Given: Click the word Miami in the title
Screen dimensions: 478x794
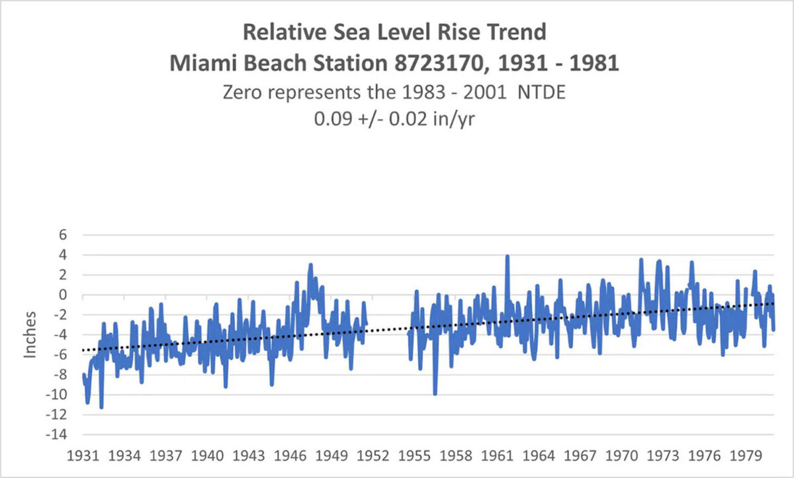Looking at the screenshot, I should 198,64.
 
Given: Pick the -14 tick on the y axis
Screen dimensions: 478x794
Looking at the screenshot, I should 60,435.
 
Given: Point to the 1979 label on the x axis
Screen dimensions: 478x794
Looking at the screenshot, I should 746,457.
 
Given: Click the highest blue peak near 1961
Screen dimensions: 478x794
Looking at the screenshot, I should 507,256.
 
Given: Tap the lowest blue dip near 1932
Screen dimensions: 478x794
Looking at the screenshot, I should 101,407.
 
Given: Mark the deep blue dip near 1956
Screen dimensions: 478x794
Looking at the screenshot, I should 435,394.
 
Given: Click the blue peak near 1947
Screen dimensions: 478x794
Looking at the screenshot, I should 310,265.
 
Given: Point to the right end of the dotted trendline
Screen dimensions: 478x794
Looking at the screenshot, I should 773,303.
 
